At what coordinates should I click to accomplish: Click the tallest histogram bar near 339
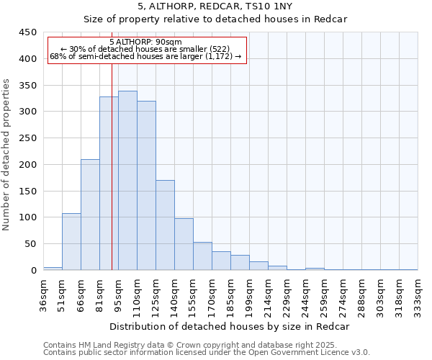coord(127,180)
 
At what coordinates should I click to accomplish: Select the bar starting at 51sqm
coord(71,241)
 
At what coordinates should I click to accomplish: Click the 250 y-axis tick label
coord(27,138)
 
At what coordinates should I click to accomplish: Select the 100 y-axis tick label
coord(27,217)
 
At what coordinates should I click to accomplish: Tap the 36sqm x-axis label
coord(44,294)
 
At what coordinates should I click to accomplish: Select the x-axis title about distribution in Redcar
coord(230,326)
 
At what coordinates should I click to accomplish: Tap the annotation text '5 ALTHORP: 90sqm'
coord(146,42)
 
